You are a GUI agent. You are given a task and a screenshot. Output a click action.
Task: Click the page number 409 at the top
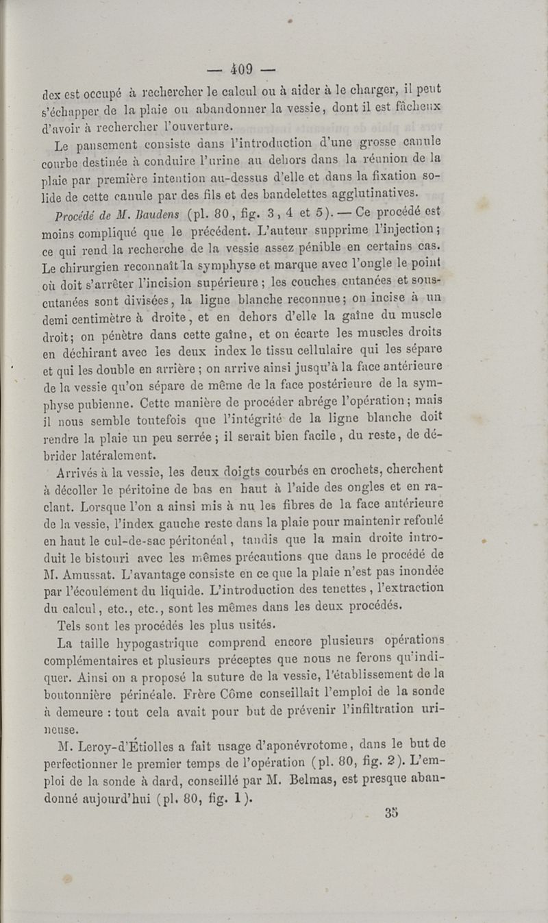coord(241,69)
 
